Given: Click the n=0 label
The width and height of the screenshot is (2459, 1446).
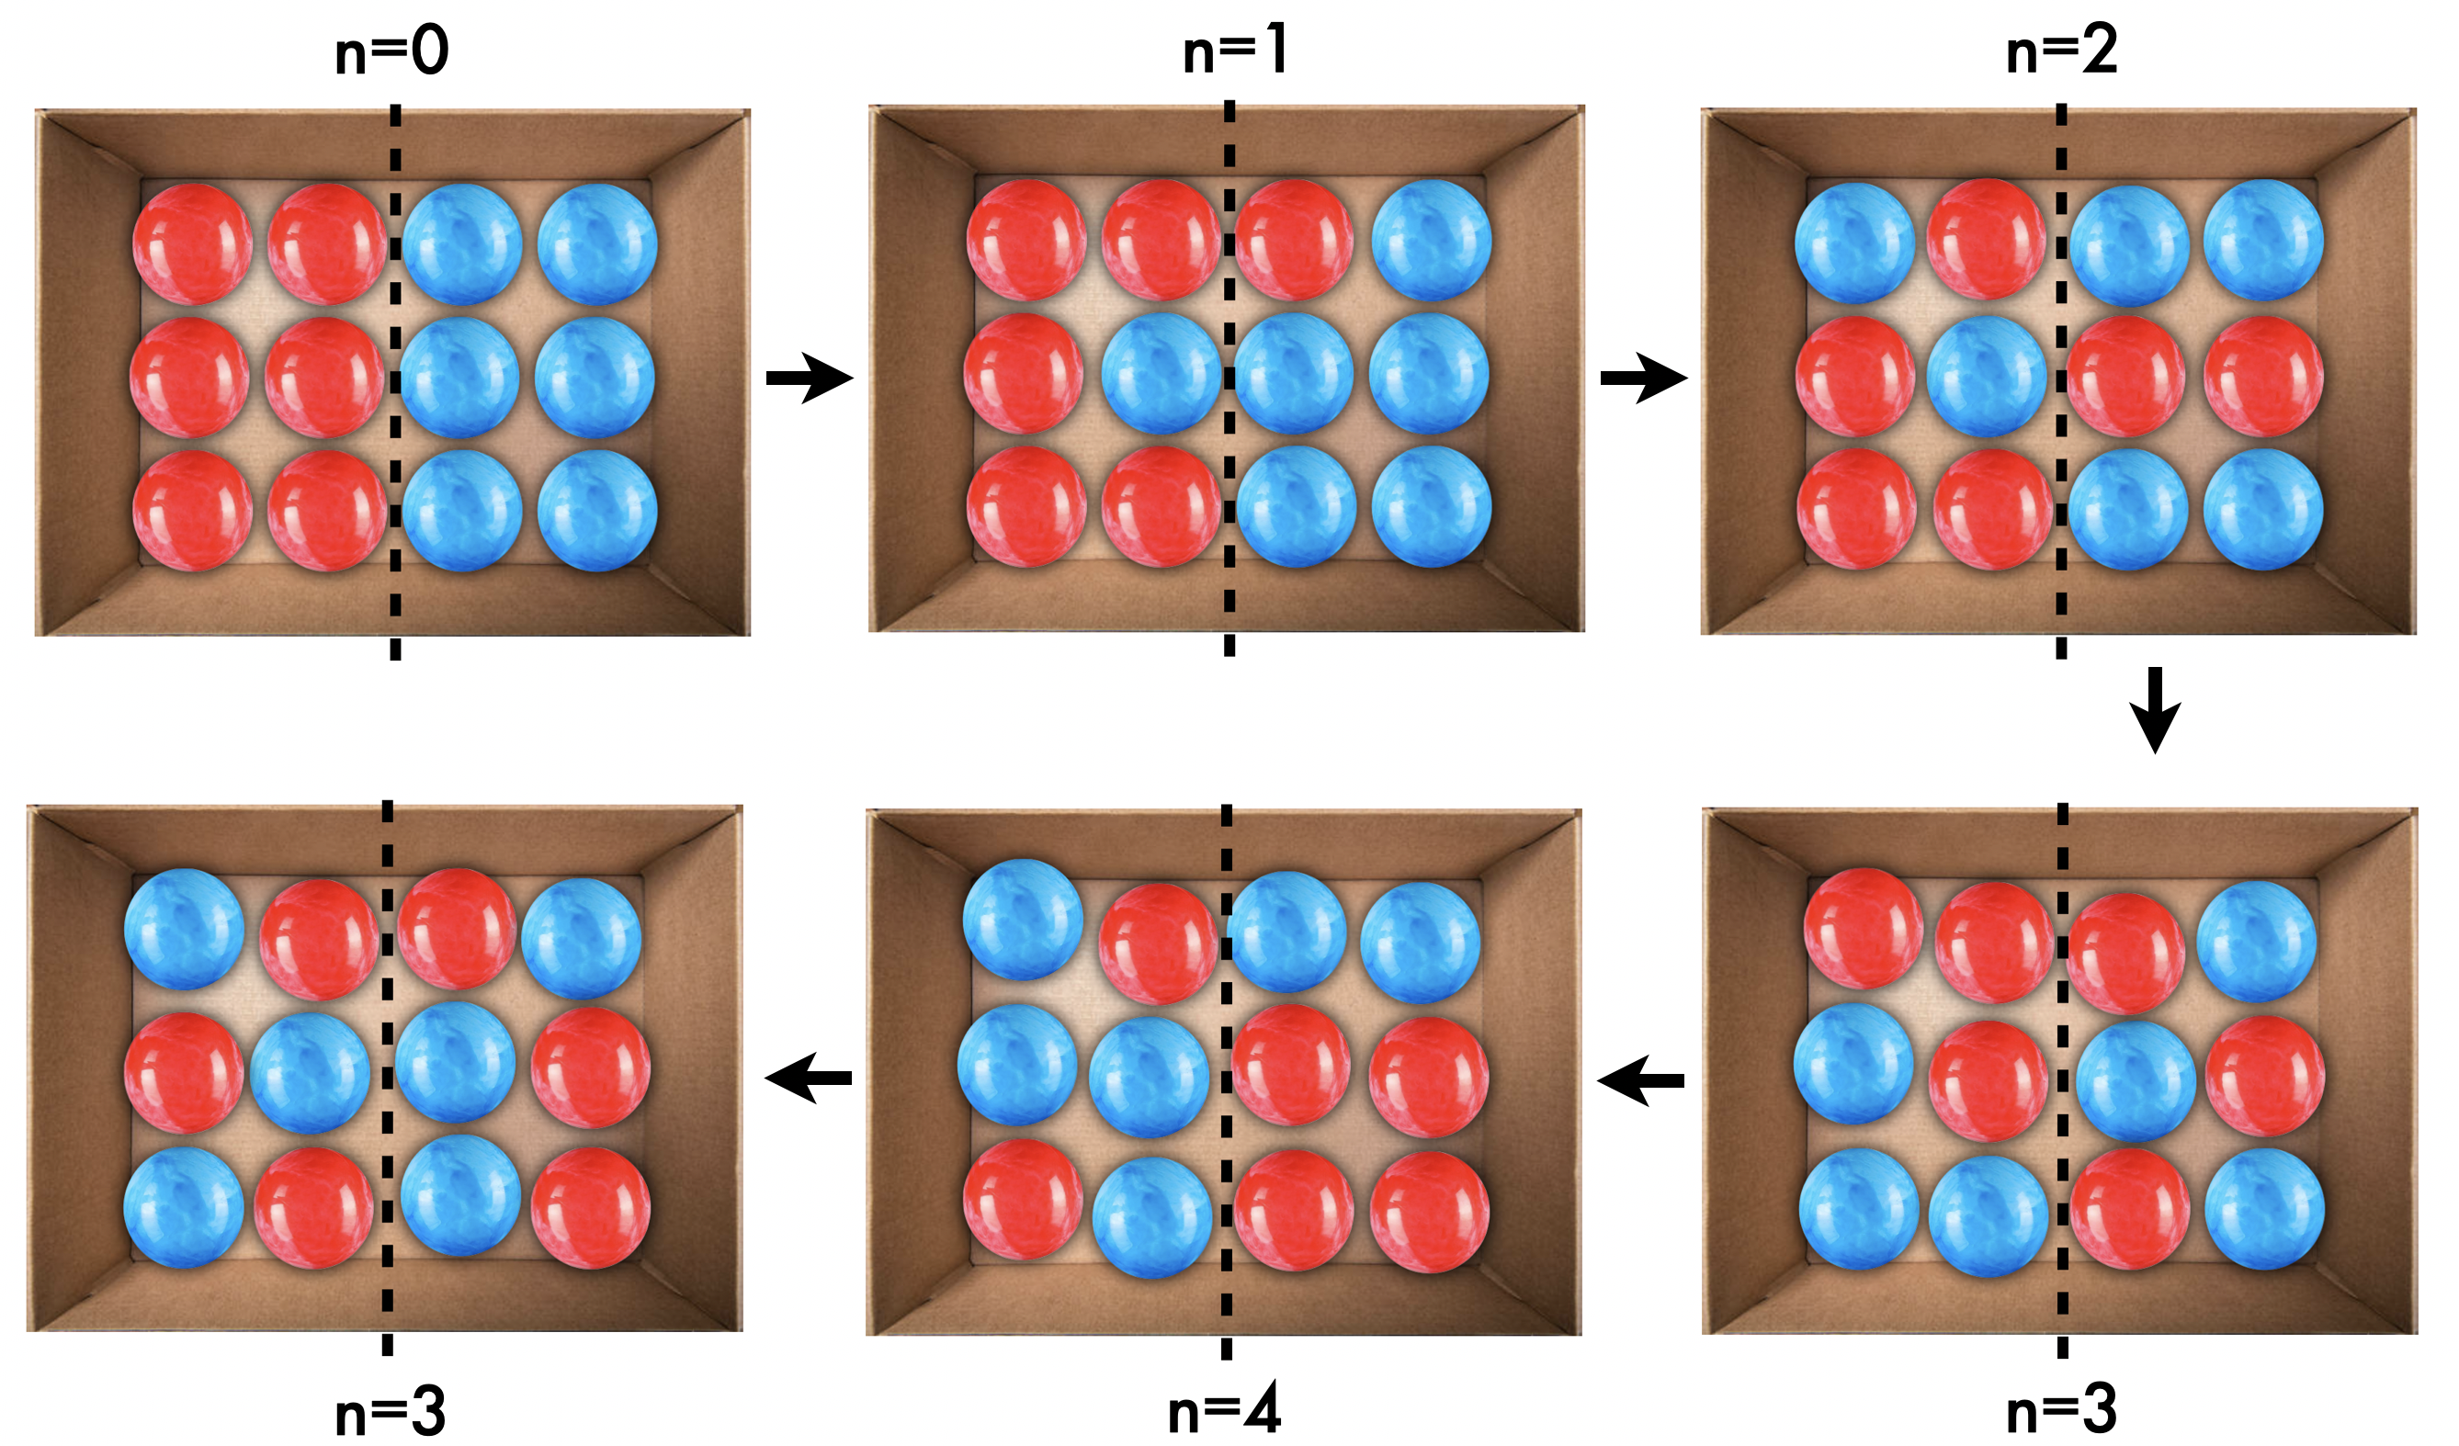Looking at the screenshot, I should point(391,51).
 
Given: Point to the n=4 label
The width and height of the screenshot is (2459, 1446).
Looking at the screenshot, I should point(1224,1411).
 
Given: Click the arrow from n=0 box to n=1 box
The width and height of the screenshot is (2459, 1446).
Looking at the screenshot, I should point(809,378).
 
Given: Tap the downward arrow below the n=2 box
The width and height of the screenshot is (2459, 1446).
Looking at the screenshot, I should point(2155,709).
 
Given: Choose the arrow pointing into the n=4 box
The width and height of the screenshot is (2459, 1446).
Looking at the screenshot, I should point(1640,1080).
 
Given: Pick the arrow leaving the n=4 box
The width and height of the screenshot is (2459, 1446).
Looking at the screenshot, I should point(808,1079).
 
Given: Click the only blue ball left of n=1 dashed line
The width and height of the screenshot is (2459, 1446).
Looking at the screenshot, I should point(1162,374).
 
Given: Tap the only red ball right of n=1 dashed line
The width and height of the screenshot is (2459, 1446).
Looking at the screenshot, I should point(1294,239).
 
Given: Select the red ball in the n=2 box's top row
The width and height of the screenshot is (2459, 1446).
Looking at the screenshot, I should point(1987,239).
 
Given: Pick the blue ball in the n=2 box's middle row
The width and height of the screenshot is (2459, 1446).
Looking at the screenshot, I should point(1987,376).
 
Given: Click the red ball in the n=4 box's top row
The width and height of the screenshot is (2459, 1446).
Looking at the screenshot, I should point(1158,943).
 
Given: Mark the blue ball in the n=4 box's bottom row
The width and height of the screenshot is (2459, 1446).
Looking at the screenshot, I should point(1151,1216).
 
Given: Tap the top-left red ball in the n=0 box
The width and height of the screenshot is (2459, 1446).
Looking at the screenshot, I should point(192,244).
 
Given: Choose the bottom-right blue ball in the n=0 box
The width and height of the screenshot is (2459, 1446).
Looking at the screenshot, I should point(597,510).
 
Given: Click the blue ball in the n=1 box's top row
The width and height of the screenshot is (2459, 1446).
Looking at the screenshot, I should point(1431,239).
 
